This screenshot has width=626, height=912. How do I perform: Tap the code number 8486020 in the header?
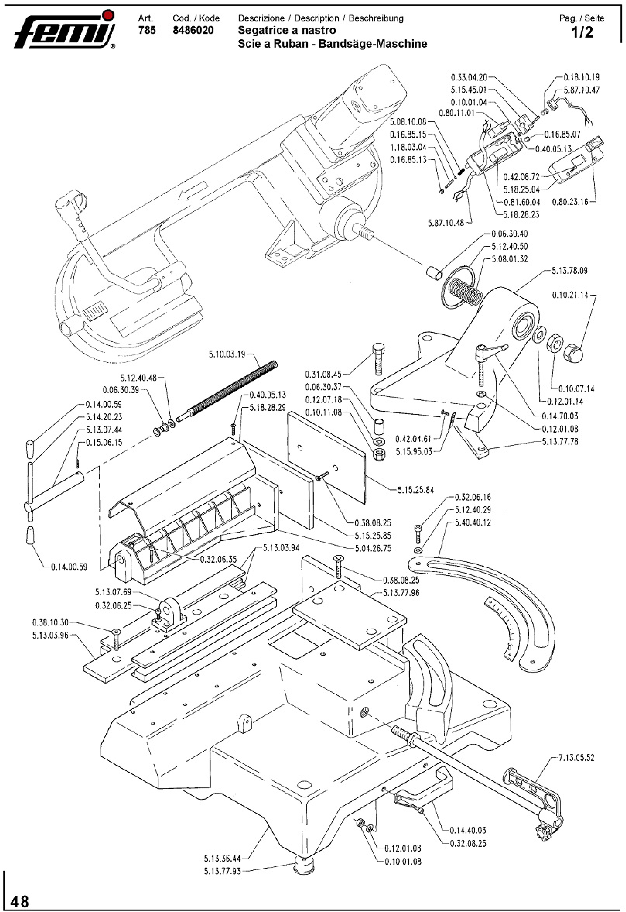[193, 30]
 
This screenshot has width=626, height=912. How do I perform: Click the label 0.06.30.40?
[509, 234]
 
